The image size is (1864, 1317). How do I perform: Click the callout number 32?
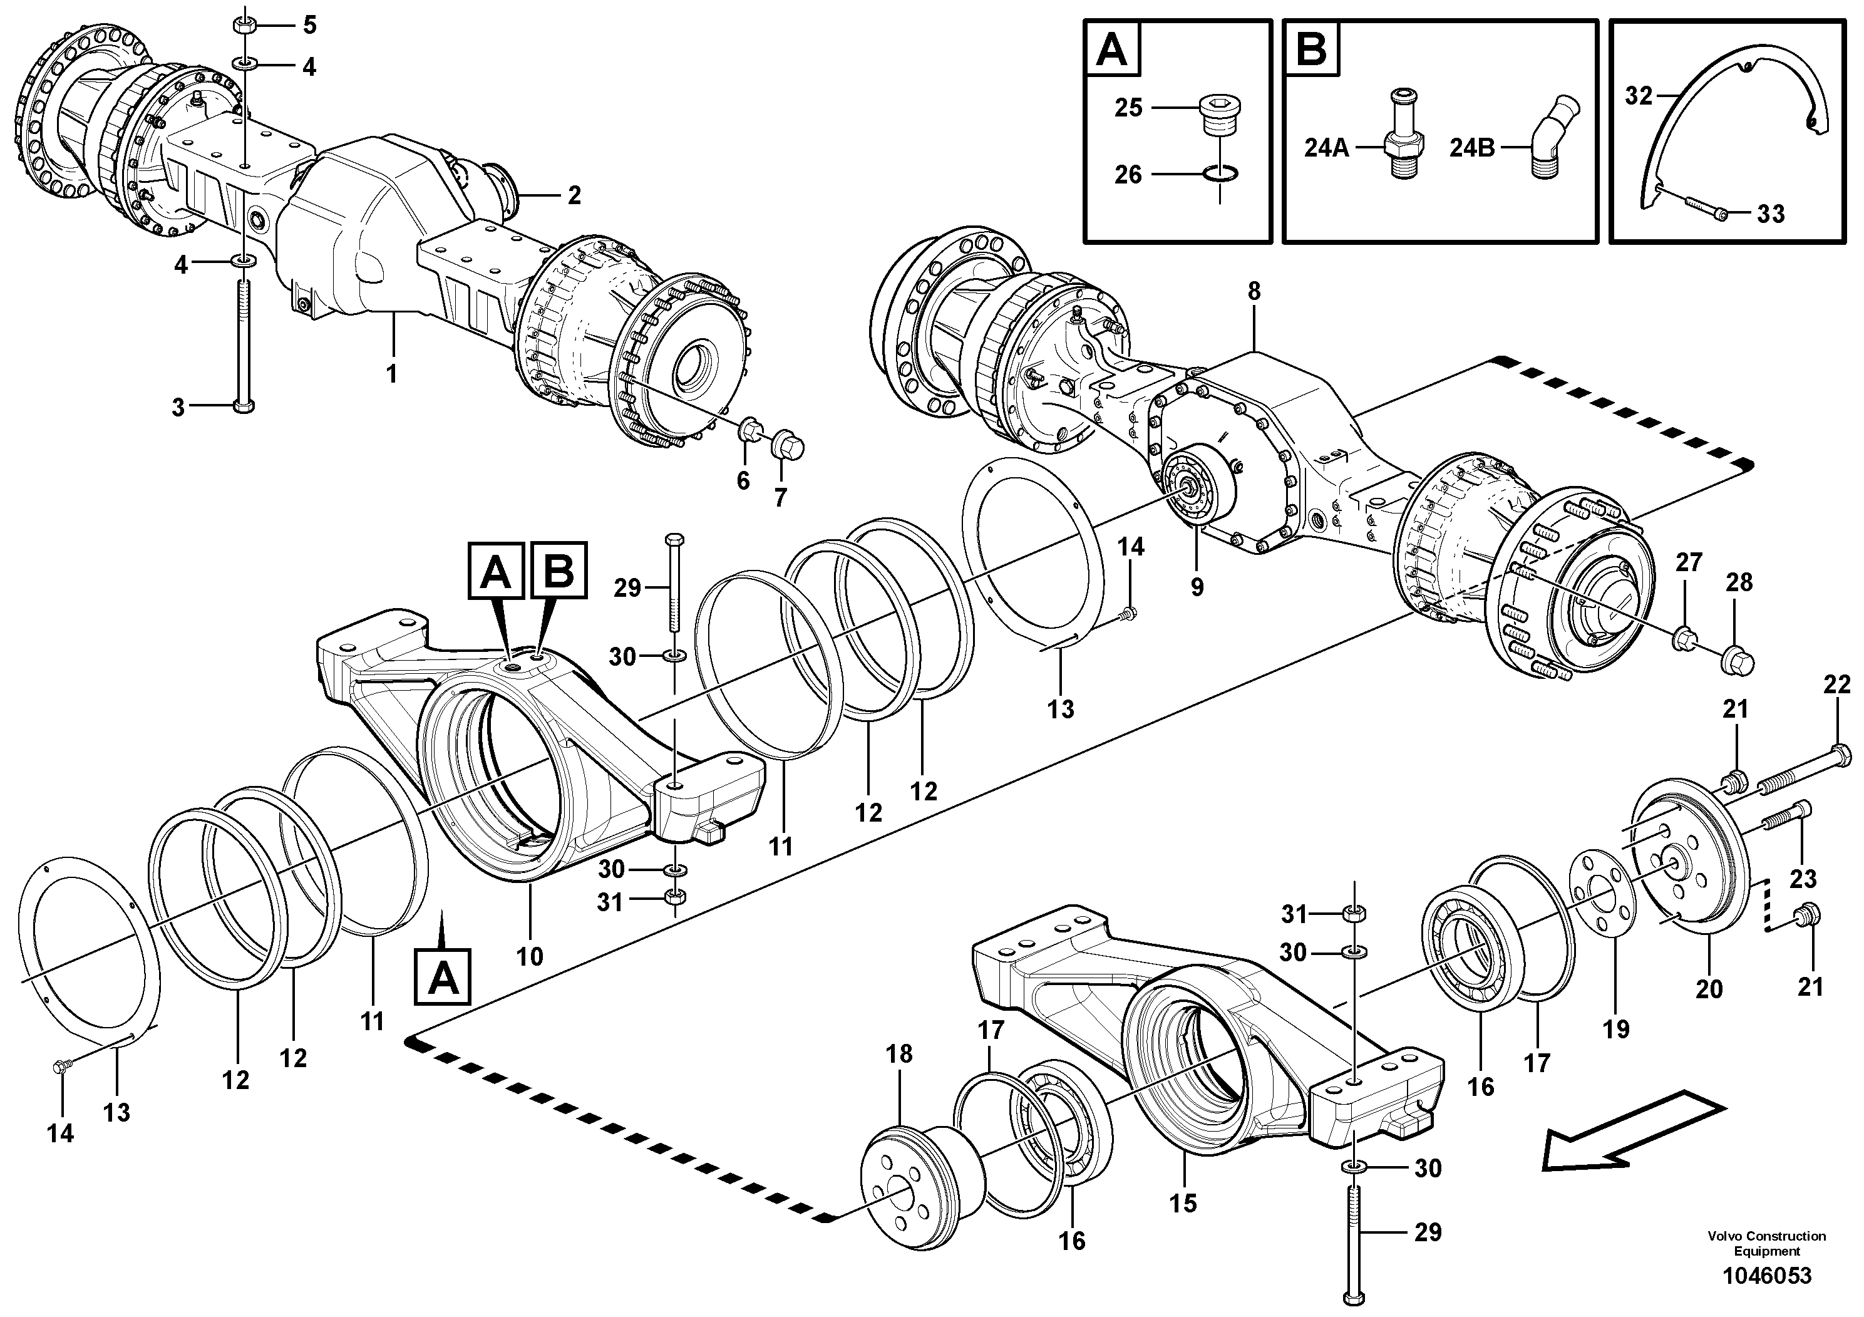click(x=1639, y=96)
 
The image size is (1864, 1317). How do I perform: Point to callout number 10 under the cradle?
click(x=529, y=956)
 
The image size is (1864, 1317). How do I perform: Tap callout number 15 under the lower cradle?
click(x=1183, y=1202)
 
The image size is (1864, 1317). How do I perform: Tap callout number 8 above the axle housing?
click(x=1254, y=291)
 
